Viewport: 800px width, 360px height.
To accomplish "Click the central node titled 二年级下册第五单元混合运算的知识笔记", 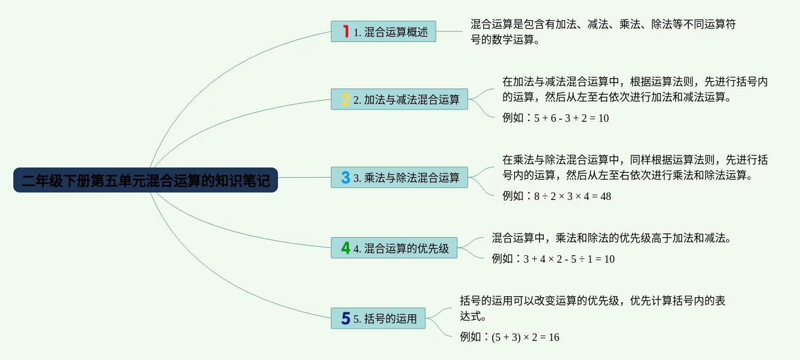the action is click(146, 180).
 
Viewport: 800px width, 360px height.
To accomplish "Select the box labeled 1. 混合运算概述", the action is click(383, 31).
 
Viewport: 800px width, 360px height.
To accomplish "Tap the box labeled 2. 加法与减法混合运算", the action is click(399, 99).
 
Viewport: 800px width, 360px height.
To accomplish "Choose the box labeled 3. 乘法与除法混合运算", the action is click(399, 178).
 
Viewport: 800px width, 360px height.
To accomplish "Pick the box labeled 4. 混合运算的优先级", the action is click(394, 248).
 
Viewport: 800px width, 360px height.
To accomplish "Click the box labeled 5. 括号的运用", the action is click(378, 318).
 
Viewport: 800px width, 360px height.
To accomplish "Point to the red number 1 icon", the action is click(346, 31).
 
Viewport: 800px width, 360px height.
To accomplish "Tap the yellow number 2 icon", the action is click(346, 99).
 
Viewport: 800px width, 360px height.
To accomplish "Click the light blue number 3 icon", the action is click(346, 178).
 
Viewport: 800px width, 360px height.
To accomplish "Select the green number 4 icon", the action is click(346, 248).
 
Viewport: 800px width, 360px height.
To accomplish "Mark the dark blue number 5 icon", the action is click(346, 318).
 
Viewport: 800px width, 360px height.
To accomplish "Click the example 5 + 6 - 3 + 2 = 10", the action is click(571, 118).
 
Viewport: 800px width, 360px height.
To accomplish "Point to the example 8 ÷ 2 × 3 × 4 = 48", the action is click(572, 196).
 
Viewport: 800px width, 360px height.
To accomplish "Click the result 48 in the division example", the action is click(606, 196).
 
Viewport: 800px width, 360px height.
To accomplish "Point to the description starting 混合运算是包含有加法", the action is click(603, 32).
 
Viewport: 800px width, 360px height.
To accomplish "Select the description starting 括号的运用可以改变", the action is click(593, 308).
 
